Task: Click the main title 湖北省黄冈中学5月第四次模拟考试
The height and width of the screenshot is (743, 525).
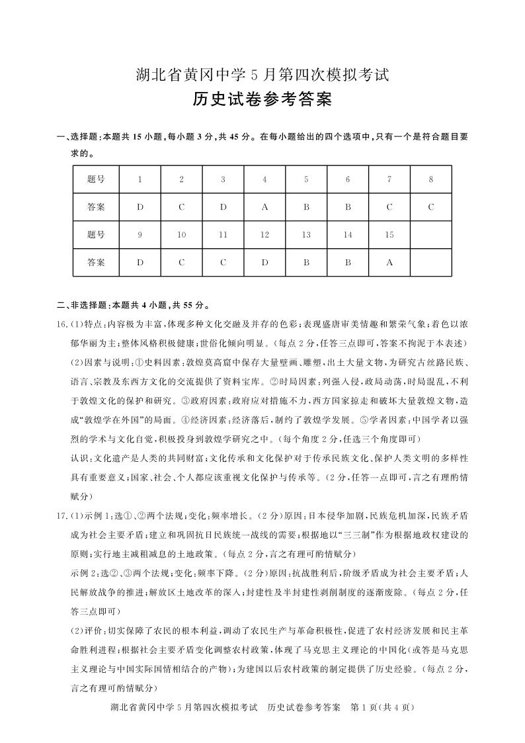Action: (x=262, y=75)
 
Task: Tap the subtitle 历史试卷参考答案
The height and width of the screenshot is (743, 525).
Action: (x=262, y=100)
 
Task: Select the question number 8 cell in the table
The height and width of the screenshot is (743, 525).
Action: (x=430, y=179)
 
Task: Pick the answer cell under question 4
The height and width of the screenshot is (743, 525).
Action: (x=264, y=207)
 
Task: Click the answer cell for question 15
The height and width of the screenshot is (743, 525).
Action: (x=389, y=262)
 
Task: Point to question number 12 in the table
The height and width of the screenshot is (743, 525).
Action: (x=264, y=235)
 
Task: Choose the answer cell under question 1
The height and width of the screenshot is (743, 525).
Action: (x=140, y=207)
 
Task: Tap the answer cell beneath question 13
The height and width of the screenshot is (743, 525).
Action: (x=306, y=262)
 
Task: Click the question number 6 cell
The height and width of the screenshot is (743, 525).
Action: (x=348, y=179)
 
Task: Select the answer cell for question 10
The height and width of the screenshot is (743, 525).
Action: (x=182, y=262)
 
